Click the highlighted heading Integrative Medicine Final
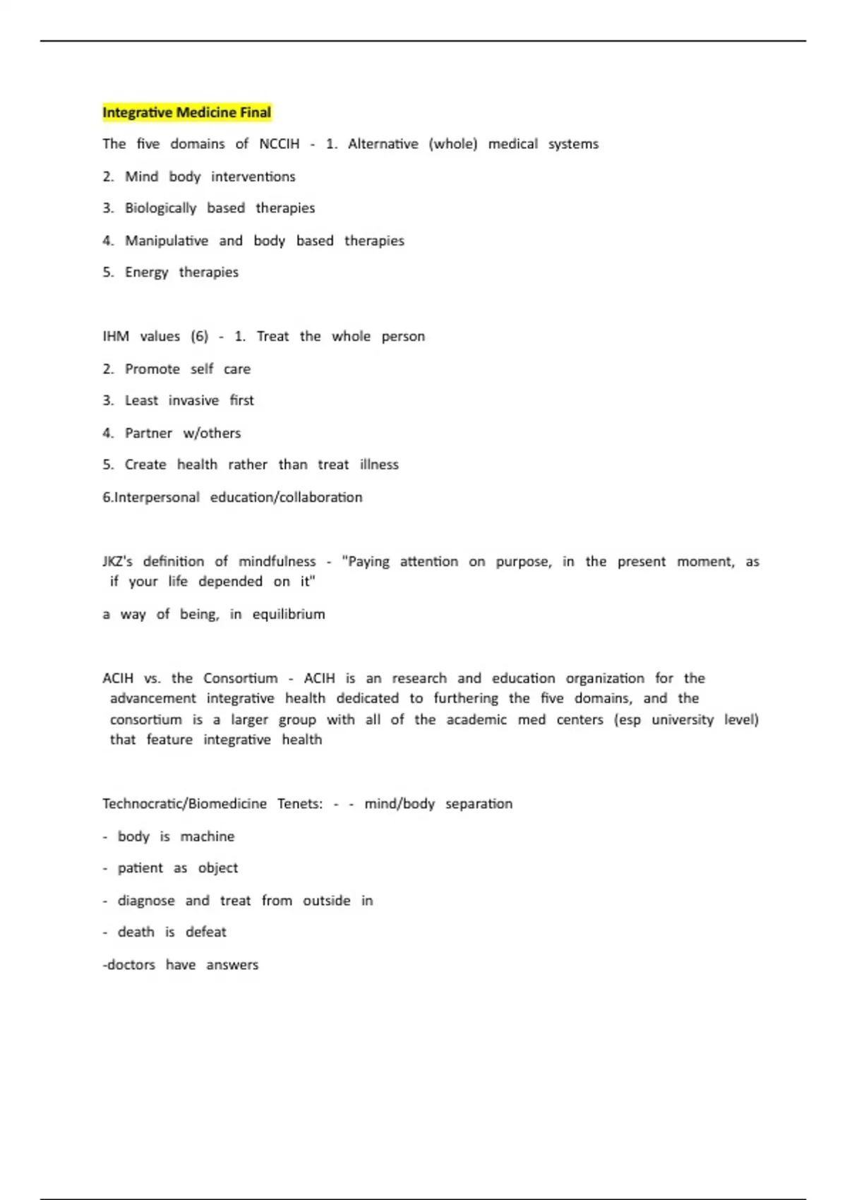[x=186, y=112]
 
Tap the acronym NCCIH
[x=279, y=144]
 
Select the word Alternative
[x=383, y=144]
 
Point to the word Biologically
[x=160, y=208]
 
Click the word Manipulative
[x=167, y=241]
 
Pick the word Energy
[x=146, y=272]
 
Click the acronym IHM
[x=116, y=337]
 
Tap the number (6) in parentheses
[x=200, y=337]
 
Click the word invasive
[x=193, y=401]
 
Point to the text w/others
[x=212, y=433]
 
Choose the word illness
[x=379, y=465]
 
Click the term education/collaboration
[x=286, y=498]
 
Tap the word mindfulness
[x=277, y=562]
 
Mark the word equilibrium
[x=289, y=614]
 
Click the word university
[x=682, y=720]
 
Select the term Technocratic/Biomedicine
[x=184, y=804]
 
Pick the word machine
[x=207, y=836]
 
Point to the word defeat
[x=205, y=932]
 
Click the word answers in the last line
[x=232, y=965]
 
